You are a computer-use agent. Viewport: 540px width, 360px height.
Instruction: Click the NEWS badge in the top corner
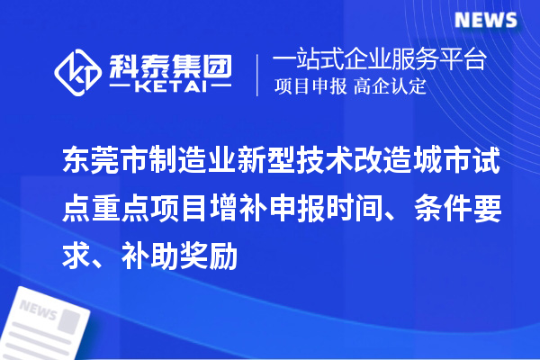486,19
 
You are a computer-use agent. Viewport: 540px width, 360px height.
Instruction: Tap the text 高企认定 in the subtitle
390,87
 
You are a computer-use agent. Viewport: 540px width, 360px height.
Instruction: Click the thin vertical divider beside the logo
257,74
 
